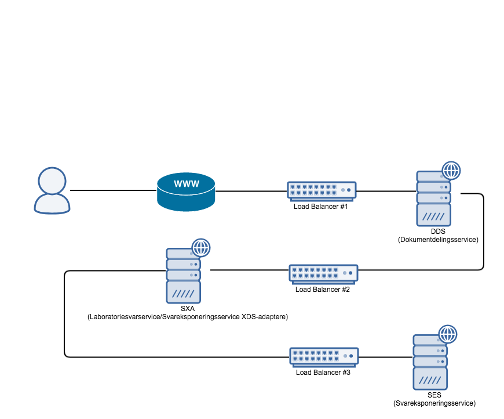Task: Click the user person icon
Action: (52, 191)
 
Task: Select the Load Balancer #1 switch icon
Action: (321, 190)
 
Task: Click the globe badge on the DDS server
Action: (451, 171)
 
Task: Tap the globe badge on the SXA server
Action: (201, 248)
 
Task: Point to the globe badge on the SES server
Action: (447, 334)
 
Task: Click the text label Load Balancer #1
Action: (320, 206)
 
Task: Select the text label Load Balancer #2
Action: (323, 289)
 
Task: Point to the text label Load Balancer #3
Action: (323, 373)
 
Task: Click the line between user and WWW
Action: (113, 190)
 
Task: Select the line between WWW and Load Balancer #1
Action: (251, 190)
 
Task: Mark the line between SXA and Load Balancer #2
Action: (249, 270)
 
